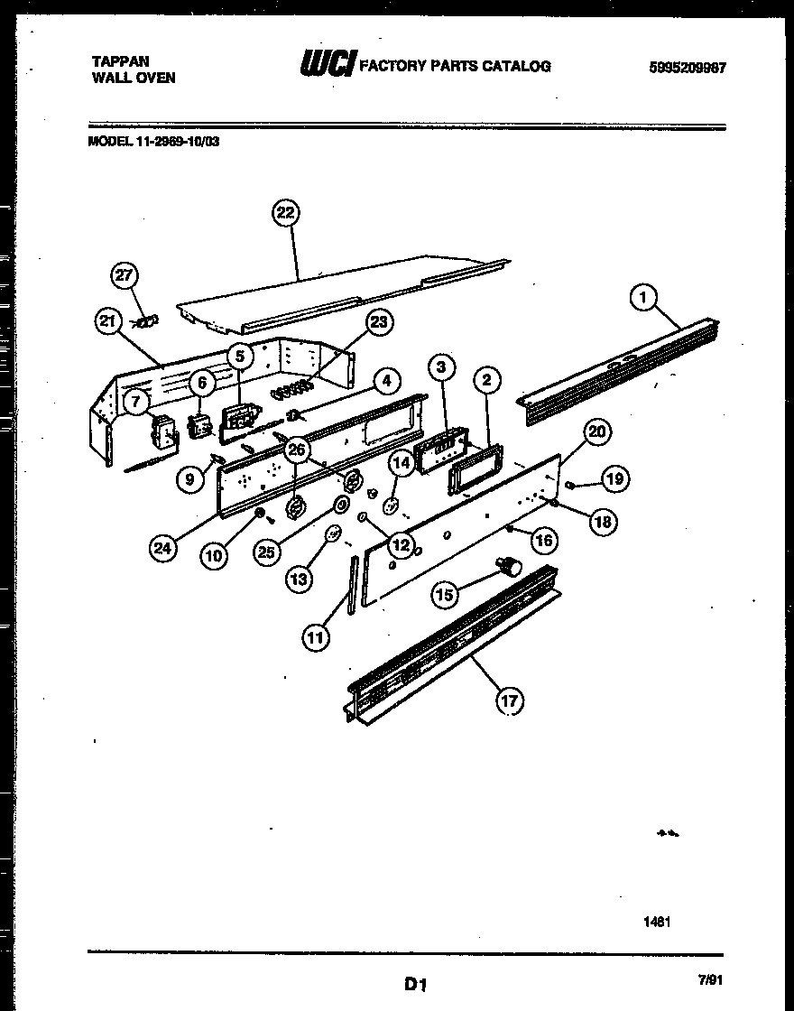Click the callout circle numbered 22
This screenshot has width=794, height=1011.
pyautogui.click(x=285, y=214)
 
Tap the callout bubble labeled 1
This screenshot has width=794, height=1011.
pyautogui.click(x=643, y=296)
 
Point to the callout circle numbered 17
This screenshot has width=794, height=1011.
pyautogui.click(x=511, y=700)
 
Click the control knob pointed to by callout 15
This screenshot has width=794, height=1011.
pyautogui.click(x=512, y=566)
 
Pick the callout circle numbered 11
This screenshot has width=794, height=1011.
pyautogui.click(x=315, y=638)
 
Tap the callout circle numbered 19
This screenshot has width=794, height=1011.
pyautogui.click(x=615, y=479)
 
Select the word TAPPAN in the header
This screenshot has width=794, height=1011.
pyautogui.click(x=121, y=61)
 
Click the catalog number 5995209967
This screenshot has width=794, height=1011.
pyautogui.click(x=687, y=68)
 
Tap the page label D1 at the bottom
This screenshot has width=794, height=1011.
pyautogui.click(x=415, y=984)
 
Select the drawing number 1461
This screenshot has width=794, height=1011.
pyautogui.click(x=657, y=922)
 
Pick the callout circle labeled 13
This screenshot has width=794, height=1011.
pyautogui.click(x=300, y=579)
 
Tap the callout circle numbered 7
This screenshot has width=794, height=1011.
pyautogui.click(x=134, y=403)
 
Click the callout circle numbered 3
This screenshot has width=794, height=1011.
pyautogui.click(x=440, y=366)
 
